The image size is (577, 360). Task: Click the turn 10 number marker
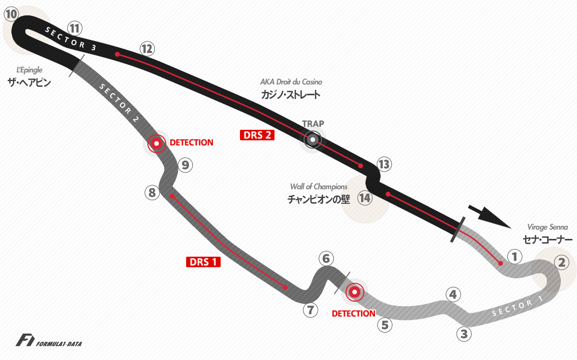point(12,14)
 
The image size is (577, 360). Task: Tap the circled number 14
point(365,198)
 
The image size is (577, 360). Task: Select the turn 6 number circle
point(326,259)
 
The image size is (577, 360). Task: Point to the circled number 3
point(464,334)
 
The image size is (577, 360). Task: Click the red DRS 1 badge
point(203,262)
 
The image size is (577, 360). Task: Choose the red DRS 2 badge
point(257,135)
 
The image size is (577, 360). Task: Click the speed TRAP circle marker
point(313,139)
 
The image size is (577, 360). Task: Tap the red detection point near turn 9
point(157,143)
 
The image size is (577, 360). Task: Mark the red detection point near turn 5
point(355,292)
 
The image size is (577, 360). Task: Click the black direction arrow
point(489,217)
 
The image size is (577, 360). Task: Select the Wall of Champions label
point(319,186)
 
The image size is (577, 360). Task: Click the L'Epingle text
point(29,70)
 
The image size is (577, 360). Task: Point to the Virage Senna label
point(547,227)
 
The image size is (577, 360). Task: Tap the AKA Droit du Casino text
point(291,82)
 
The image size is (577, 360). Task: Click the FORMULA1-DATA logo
point(49,340)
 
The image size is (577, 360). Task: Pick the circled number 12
point(147,49)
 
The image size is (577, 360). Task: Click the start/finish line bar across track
point(458,230)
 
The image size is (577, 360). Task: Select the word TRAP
point(313,124)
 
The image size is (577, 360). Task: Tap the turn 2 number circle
point(562,262)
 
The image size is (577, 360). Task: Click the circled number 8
point(152,192)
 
